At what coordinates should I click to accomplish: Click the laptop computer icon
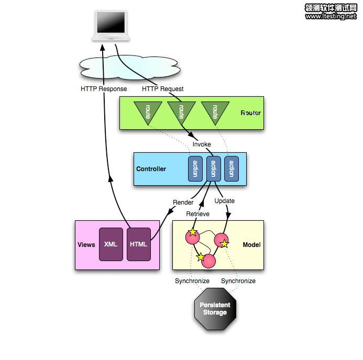click(x=111, y=26)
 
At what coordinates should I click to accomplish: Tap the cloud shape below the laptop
click(x=130, y=67)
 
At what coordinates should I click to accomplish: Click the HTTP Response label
click(x=104, y=89)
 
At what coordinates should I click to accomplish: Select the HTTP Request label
click(x=163, y=89)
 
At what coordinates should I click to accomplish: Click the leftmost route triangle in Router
click(x=148, y=111)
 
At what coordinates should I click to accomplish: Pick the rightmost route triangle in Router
click(x=215, y=111)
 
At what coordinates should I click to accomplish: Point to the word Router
click(x=250, y=113)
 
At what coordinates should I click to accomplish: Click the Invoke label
click(x=202, y=144)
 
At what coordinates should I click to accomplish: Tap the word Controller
click(x=151, y=169)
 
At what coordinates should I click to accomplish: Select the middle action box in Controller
click(x=213, y=169)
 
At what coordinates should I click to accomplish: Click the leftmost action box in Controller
click(x=195, y=169)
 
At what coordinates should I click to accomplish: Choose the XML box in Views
click(x=111, y=244)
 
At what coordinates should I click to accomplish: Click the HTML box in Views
click(x=139, y=244)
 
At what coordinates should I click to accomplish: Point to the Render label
click(x=183, y=203)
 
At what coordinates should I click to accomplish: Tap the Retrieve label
click(x=197, y=214)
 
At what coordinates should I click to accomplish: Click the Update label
click(x=224, y=201)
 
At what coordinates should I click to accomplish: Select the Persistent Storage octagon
click(x=215, y=309)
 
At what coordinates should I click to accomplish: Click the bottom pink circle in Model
click(x=208, y=261)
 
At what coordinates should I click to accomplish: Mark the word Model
click(x=251, y=245)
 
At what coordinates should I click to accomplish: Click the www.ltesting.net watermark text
click(x=331, y=16)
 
